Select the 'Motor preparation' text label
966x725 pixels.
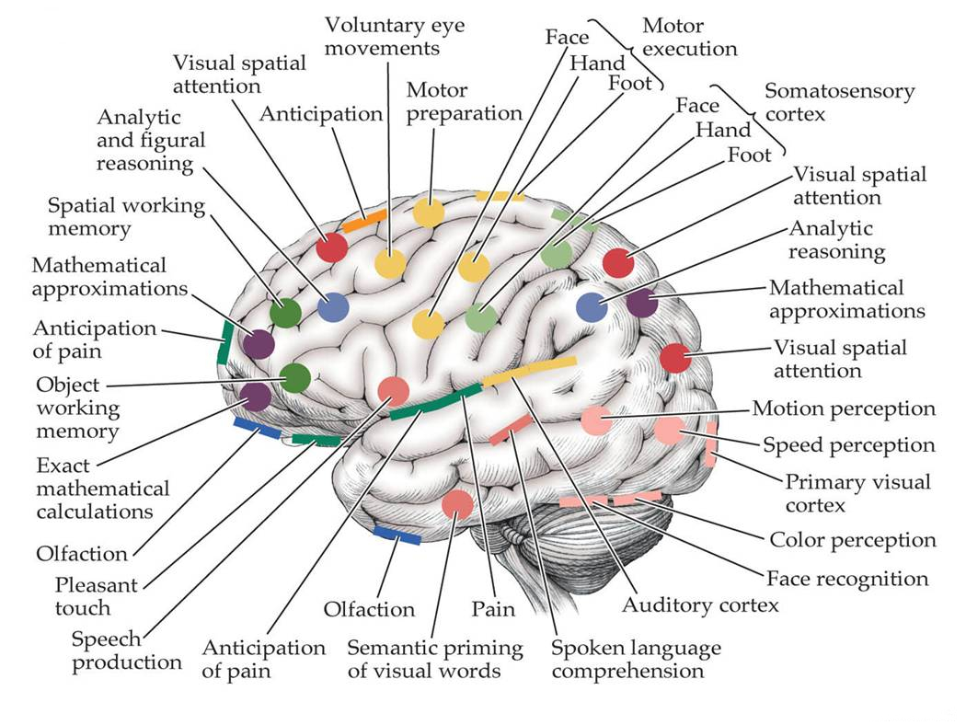click(463, 102)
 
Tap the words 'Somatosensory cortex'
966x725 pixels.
click(838, 102)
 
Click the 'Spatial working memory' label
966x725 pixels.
click(126, 216)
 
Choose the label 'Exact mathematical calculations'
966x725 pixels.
click(103, 489)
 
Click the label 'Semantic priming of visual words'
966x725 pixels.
click(434, 659)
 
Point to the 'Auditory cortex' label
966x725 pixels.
click(700, 604)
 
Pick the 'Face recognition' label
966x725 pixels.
click(846, 578)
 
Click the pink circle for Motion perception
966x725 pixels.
click(595, 420)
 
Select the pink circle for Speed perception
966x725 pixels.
click(669, 431)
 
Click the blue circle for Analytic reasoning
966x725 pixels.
click(592, 306)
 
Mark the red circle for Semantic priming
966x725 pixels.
click(457, 505)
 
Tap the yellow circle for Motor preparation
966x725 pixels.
click(428, 213)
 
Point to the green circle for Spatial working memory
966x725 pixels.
click(285, 313)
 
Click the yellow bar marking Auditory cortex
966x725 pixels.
click(529, 371)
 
